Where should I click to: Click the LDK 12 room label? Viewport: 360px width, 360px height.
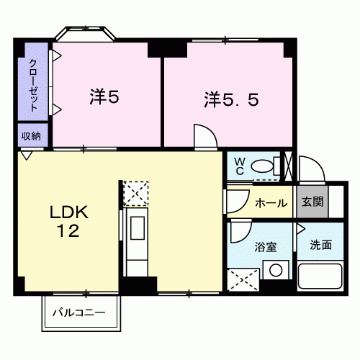coord(69,221)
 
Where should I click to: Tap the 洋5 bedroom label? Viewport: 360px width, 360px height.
coord(104,96)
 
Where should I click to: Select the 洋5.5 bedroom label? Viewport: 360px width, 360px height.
coord(232,100)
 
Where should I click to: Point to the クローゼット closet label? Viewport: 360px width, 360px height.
coord(33,85)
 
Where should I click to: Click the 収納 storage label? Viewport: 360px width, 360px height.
coord(31,136)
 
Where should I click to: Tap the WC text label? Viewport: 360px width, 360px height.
coord(240,166)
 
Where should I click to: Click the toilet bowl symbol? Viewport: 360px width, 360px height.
coord(262,166)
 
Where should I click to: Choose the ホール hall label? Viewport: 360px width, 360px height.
coord(271,203)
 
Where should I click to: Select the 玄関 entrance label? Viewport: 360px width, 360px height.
coord(312,202)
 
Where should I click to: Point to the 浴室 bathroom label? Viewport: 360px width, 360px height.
coord(266,247)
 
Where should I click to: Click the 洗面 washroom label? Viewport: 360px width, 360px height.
coord(321,245)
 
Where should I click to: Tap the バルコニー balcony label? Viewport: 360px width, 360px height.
coord(79,312)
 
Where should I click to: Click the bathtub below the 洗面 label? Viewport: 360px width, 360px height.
coord(320,276)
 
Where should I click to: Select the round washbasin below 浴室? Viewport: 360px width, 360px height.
coord(276,270)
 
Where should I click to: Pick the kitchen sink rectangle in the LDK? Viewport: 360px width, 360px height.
coord(138,228)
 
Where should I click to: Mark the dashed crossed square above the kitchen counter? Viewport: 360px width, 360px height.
coord(136,194)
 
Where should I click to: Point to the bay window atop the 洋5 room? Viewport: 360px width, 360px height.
coord(85,33)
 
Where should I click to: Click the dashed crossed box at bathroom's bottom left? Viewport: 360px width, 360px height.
coord(243,280)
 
